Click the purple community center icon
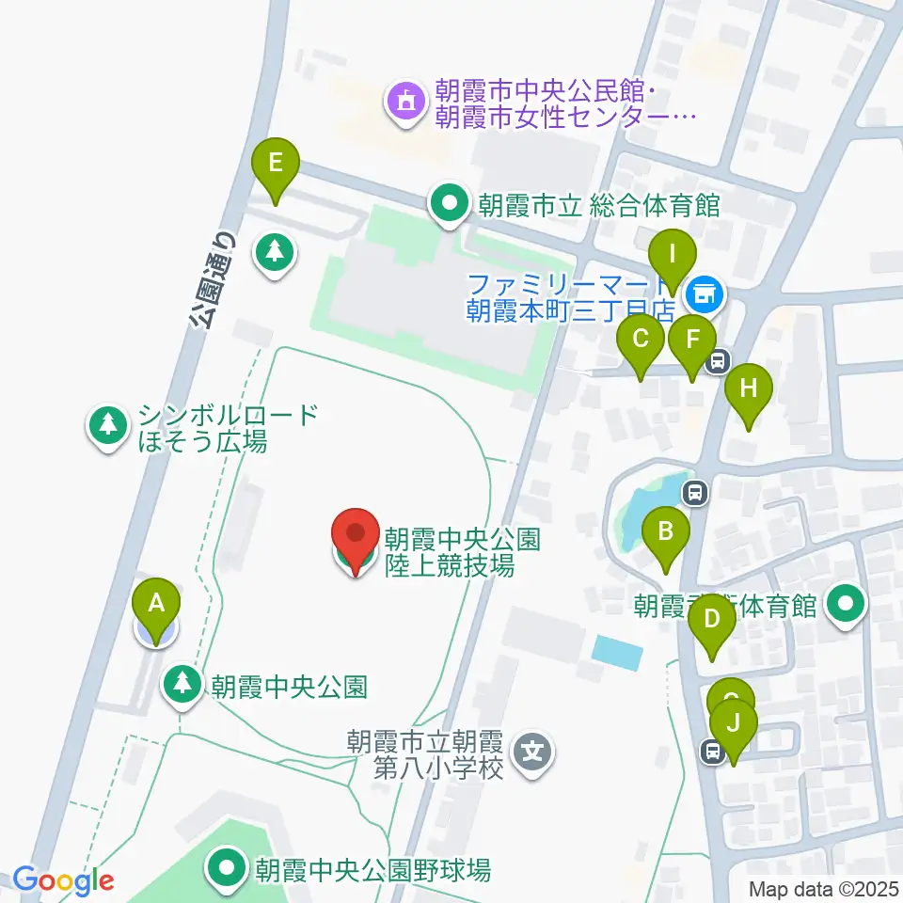[405, 101]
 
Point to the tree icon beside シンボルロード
[108, 425]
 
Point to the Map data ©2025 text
[823, 888]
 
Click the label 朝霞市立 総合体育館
[598, 205]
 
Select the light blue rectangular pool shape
[618, 652]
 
